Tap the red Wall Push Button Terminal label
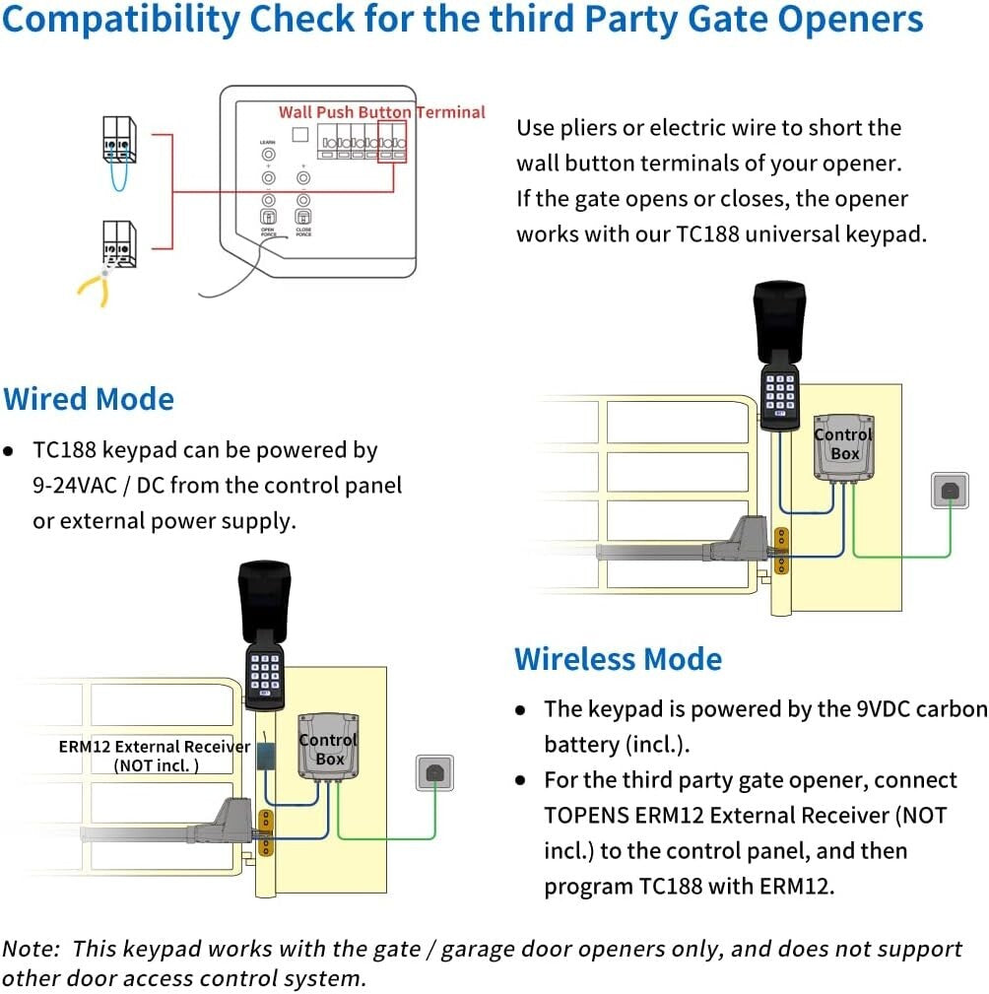pos(381,112)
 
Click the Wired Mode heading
pos(89,399)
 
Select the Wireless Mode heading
pos(618,659)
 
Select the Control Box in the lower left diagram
pos(328,750)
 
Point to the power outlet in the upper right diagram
pos(950,491)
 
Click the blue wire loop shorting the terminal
pos(119,177)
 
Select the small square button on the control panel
pos(301,134)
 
